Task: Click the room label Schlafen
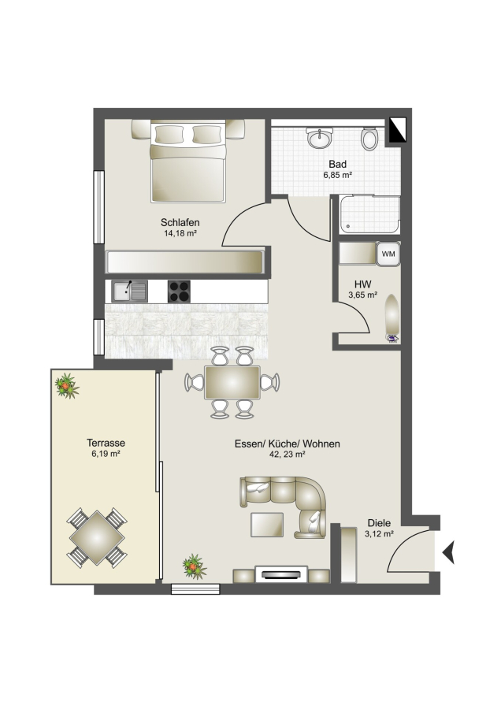tap(180, 222)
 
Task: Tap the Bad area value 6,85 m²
tap(337, 175)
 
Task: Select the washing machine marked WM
tap(388, 254)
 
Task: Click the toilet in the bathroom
tap(369, 139)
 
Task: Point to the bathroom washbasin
tap(320, 137)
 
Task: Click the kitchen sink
tap(130, 291)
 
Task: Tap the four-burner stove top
tap(179, 291)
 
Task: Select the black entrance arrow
tap(448, 552)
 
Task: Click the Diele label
tap(379, 523)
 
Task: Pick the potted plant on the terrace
tap(66, 386)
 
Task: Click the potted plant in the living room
tap(195, 566)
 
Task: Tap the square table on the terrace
tap(97, 537)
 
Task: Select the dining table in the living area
tap(232, 383)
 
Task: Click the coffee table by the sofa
tap(267, 525)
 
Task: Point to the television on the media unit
tap(281, 575)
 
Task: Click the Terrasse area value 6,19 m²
tap(106, 454)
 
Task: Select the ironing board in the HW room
tap(392, 317)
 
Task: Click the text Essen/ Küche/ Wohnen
tap(287, 444)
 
